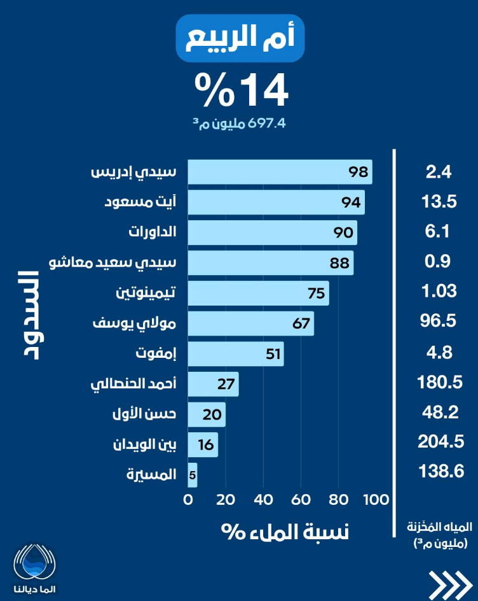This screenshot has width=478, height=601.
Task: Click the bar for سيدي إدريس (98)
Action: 280,172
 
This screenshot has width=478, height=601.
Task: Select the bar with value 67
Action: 250,323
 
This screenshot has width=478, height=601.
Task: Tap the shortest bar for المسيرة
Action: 193,474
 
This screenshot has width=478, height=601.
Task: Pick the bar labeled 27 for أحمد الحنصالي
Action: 213,385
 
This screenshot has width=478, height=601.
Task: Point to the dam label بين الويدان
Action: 144,444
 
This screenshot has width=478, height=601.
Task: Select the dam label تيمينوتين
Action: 147,293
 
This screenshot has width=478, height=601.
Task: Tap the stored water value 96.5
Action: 439,321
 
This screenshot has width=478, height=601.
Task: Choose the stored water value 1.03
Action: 439,292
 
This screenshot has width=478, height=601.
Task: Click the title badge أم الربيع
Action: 240,39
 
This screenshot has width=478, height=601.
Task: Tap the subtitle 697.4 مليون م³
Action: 240,123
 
